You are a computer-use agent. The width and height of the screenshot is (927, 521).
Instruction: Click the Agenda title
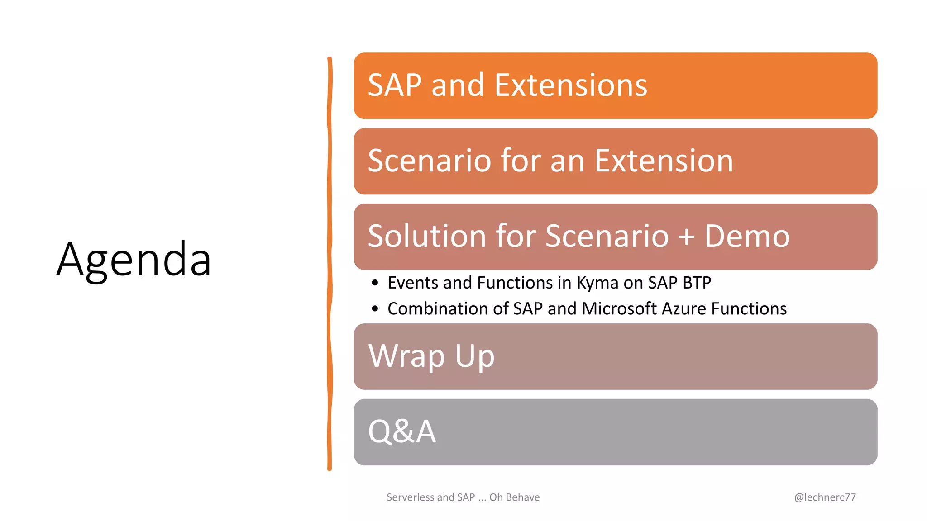(134, 260)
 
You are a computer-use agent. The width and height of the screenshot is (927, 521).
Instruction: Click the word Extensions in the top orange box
(571, 85)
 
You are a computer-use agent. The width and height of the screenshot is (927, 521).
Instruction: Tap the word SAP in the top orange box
(394, 85)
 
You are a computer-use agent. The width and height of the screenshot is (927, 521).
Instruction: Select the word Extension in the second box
(664, 161)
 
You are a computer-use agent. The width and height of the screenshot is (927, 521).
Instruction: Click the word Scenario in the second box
(429, 161)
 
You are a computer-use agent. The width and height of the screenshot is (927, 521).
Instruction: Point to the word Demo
(747, 237)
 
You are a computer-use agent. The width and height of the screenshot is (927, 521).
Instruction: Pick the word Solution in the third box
(426, 237)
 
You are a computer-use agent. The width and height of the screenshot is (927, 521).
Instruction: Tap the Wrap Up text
(431, 357)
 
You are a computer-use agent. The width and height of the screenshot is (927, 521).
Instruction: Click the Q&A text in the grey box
(402, 431)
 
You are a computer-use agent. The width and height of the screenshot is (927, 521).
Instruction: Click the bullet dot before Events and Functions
(374, 284)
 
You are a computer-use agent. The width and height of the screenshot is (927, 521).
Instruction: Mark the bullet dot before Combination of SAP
(374, 309)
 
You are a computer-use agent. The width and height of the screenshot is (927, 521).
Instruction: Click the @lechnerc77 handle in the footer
(825, 497)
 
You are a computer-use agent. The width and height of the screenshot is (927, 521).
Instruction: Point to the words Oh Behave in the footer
(515, 497)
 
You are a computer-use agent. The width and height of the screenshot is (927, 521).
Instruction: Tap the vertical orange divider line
(330, 262)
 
